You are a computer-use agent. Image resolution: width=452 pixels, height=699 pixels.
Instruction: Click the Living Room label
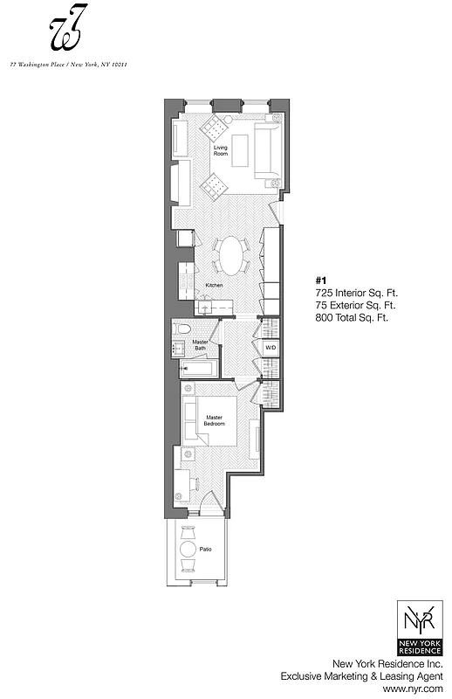click(221, 152)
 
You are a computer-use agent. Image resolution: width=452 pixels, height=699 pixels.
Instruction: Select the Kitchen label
click(215, 286)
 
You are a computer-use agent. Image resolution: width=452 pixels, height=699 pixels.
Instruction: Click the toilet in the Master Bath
click(182, 330)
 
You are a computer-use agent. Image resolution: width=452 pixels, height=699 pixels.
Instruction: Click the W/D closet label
click(271, 348)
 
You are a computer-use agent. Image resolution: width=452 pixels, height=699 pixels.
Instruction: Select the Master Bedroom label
click(215, 421)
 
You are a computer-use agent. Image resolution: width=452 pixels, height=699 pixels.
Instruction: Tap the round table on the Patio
click(188, 550)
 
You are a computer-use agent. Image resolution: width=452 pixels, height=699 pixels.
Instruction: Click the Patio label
click(206, 550)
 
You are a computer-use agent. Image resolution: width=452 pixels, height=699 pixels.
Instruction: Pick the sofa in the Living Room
click(268, 148)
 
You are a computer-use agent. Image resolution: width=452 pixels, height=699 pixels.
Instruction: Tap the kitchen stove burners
click(186, 278)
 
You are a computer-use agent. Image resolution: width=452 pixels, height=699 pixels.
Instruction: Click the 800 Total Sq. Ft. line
click(351, 318)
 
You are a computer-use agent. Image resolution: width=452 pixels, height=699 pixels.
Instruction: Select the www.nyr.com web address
click(420, 689)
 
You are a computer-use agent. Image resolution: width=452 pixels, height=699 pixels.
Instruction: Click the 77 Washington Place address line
click(68, 64)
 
